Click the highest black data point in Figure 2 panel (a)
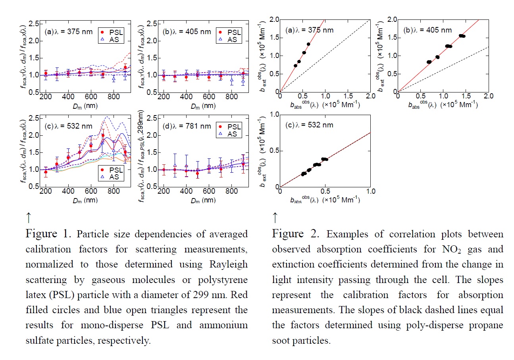click(308, 44)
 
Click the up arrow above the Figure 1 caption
click(29, 217)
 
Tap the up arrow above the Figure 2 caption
click(275, 217)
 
